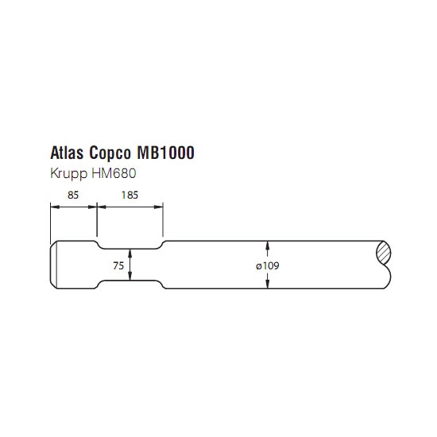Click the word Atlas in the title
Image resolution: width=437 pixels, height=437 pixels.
point(67,153)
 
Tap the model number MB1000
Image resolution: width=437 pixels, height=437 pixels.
point(165,153)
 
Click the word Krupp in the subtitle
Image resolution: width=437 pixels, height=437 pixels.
point(68,174)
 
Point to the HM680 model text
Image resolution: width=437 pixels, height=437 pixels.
point(114,173)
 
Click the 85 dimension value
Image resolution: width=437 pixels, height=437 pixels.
point(73,195)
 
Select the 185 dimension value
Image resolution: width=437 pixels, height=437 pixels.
point(130,195)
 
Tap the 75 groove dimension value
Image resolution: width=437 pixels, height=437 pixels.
point(118,265)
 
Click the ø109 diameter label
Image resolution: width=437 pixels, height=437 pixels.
point(268,265)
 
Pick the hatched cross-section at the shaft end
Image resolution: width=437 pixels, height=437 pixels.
point(384,253)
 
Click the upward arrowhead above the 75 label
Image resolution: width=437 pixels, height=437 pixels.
point(130,253)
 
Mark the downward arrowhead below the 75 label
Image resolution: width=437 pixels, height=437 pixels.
point(130,276)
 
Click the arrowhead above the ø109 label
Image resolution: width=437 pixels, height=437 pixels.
point(268,246)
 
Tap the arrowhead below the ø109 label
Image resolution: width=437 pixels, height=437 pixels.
point(268,284)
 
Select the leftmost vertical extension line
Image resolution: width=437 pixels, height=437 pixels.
point(50,223)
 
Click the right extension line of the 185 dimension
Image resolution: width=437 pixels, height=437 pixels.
point(163,219)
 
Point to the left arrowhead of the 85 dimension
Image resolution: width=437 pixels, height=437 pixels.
point(55,207)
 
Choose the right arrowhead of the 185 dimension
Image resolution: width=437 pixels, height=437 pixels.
point(159,207)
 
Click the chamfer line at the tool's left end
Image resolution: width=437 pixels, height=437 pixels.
point(56,265)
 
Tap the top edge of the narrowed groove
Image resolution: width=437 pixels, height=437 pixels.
point(130,249)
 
